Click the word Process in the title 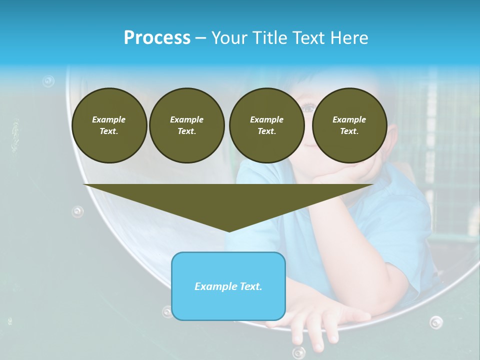pos(157,38)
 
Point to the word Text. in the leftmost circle pos(109,131)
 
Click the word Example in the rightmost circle pos(349,119)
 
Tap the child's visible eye pos(308,106)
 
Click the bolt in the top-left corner pos(48,80)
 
